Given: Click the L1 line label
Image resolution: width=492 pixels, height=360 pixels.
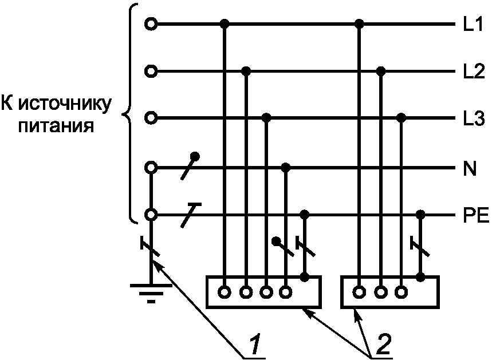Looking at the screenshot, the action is tap(474, 25).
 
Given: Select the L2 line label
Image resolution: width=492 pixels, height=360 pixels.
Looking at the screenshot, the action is tap(474, 72).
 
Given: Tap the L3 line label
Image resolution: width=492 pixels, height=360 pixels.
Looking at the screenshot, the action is tap(474, 119).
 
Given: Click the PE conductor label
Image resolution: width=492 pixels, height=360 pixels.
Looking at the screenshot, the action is tap(475, 216).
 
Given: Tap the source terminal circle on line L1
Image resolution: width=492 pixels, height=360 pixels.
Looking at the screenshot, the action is tap(151, 24).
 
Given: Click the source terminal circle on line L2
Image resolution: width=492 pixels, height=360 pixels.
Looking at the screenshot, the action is tap(151, 72).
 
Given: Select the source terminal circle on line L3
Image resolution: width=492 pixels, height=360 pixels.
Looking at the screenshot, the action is tap(151, 118).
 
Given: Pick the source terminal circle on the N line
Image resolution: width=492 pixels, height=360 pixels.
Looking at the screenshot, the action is tap(151, 168).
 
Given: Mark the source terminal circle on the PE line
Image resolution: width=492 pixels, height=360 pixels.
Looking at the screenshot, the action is tap(151, 215).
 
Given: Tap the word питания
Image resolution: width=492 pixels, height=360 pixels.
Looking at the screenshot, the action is tap(56, 125).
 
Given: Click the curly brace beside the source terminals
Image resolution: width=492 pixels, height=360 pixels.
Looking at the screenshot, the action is tap(131, 114).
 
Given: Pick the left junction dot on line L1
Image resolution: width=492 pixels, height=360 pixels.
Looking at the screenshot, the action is tap(225, 24).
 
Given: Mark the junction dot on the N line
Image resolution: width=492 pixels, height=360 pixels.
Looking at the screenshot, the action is tap(286, 168).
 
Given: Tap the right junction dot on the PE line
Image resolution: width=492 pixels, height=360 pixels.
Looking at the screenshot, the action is tap(421, 215).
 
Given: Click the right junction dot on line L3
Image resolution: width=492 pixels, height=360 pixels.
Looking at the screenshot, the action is tap(402, 118).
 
